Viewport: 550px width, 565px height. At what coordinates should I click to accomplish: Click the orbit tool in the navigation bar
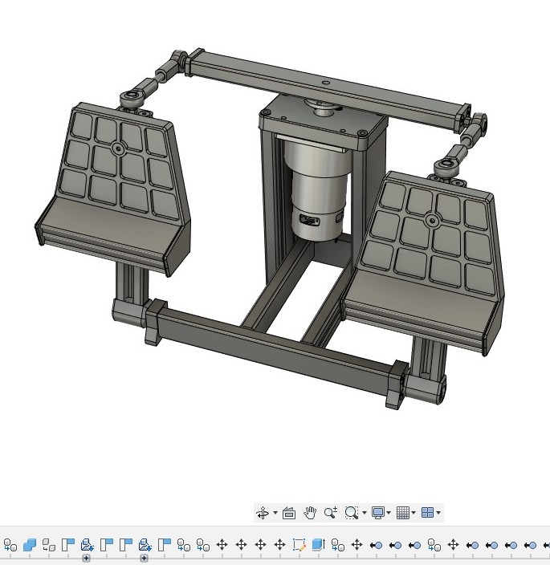[263, 513]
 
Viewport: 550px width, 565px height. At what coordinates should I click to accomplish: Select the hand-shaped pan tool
[310, 513]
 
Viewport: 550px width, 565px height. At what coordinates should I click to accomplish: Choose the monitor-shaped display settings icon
[377, 513]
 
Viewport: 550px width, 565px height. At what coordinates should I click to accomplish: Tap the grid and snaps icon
[403, 513]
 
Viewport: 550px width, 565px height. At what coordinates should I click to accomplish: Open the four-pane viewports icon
[427, 513]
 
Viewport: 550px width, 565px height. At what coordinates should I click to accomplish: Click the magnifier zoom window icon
[351, 513]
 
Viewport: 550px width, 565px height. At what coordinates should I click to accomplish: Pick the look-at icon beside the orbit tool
[289, 513]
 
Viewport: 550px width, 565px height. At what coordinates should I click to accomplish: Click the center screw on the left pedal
[118, 148]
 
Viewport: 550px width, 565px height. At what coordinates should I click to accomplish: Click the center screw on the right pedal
[432, 220]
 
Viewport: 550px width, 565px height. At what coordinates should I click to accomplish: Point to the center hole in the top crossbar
[324, 82]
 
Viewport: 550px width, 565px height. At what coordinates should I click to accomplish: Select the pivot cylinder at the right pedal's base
[424, 389]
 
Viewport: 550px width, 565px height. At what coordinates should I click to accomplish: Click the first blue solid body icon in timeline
[30, 545]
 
